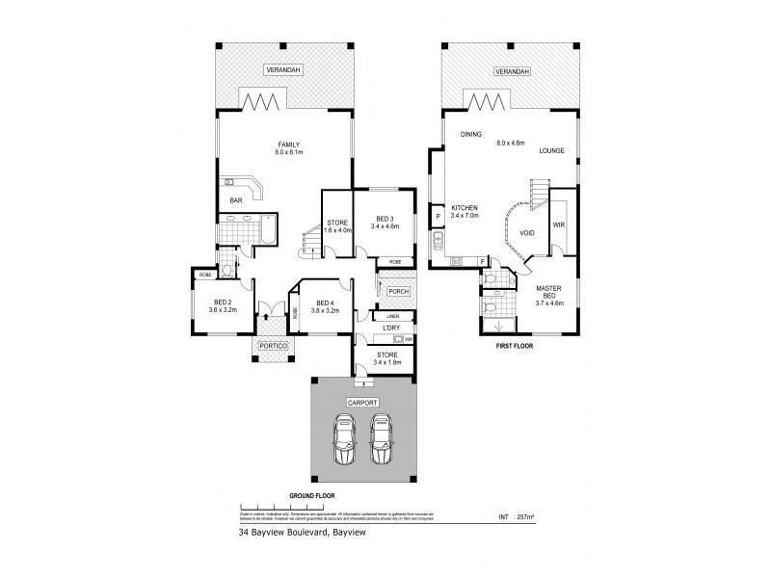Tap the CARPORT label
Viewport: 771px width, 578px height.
(x=363, y=403)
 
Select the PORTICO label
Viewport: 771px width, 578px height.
(x=271, y=347)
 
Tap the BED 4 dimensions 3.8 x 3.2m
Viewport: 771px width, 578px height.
(x=327, y=310)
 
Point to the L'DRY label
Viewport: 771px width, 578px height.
(x=392, y=328)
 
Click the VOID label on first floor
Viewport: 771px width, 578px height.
(x=527, y=232)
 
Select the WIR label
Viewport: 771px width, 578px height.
(x=558, y=224)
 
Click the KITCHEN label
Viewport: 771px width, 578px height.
(x=465, y=208)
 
